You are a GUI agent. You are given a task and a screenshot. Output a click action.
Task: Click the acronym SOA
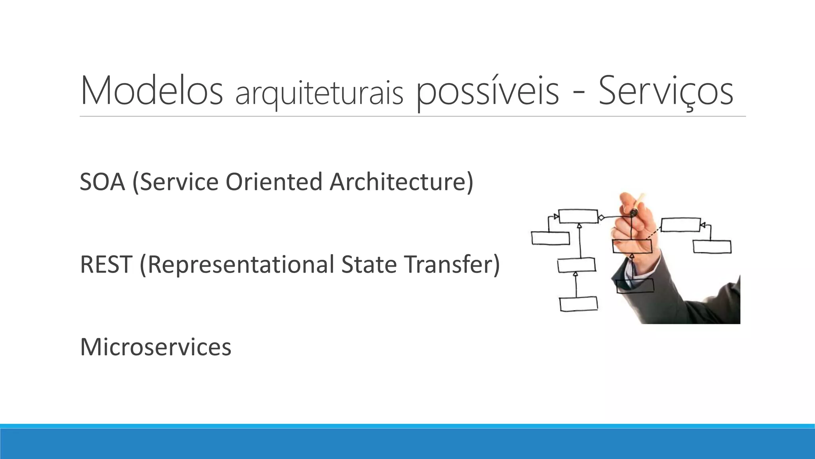103,182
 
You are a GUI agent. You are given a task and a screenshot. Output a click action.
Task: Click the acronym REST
106,265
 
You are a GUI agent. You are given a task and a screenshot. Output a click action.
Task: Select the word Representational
237,265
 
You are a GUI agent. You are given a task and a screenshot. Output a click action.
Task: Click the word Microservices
156,347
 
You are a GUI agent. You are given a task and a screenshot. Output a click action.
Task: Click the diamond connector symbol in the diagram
602,218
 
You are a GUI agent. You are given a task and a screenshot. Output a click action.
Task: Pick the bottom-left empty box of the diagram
579,304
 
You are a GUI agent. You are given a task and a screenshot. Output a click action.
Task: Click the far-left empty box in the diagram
550,238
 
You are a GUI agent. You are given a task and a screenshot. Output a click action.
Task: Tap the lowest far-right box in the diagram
712,247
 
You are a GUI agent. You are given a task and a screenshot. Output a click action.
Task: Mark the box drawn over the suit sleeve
635,285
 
